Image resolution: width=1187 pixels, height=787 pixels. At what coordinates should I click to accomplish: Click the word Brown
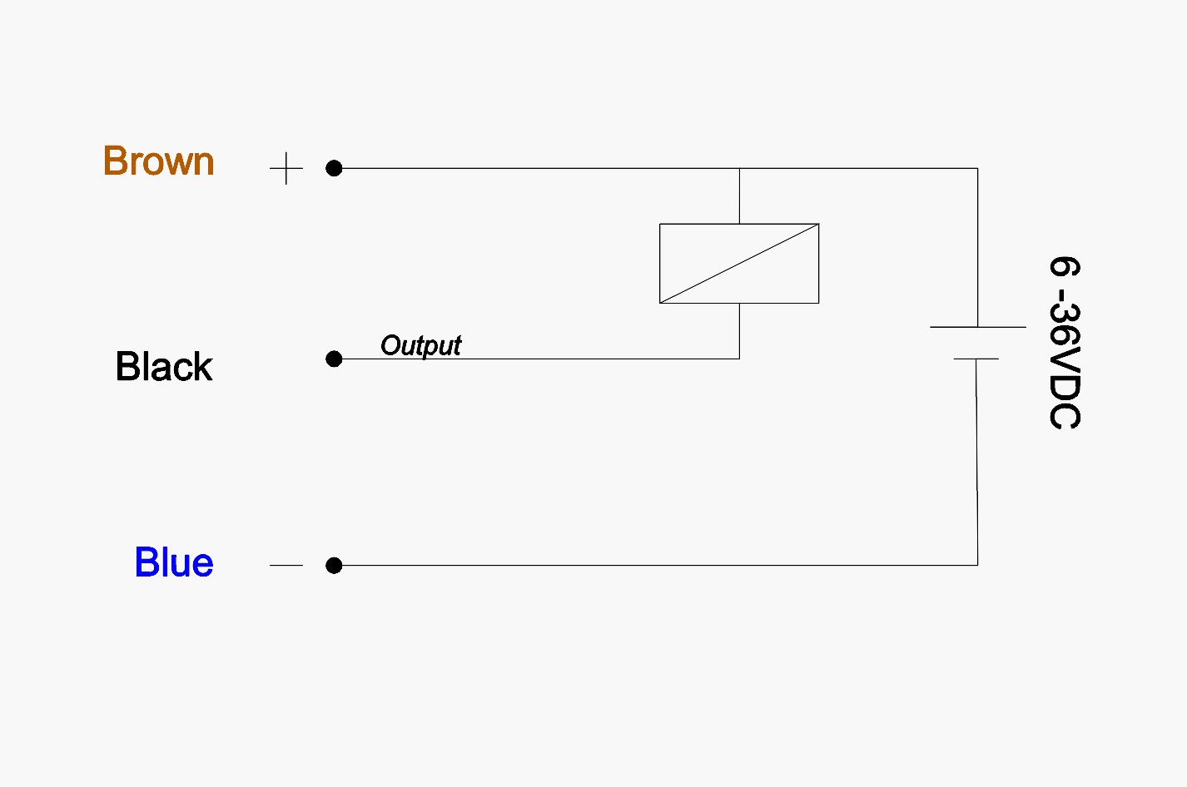[158, 161]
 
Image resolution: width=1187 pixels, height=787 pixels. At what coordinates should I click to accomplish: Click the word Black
[164, 367]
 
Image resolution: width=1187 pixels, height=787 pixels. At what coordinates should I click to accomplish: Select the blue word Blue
[174, 563]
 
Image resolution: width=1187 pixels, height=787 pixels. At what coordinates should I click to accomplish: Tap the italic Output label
[420, 345]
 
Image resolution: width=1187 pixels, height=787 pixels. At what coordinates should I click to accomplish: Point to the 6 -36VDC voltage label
[1065, 343]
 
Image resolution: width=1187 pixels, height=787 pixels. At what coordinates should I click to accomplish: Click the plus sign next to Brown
[286, 168]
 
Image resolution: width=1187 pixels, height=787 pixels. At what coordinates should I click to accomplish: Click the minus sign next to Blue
[286, 566]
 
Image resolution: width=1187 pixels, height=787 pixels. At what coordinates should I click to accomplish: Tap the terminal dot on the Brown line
[334, 168]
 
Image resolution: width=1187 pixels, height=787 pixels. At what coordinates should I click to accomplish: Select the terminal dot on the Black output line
[334, 359]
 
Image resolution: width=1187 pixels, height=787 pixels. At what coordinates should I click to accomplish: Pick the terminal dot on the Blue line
[334, 566]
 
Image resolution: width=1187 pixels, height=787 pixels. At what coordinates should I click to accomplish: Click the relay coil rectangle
[739, 263]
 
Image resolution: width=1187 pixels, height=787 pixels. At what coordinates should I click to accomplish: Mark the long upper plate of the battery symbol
[977, 327]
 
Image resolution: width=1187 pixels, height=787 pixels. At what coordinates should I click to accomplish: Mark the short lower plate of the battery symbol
[976, 359]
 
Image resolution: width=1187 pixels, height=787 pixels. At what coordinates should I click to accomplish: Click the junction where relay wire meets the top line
[739, 168]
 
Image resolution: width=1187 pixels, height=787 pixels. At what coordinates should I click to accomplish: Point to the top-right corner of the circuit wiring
[977, 168]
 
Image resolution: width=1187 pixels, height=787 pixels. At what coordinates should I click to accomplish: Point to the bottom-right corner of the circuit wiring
[977, 565]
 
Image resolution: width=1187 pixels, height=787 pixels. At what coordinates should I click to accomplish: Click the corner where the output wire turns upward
[739, 359]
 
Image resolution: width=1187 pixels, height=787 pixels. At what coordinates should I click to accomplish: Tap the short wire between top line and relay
[739, 196]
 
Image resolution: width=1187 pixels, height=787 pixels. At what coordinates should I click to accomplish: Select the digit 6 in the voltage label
[1065, 267]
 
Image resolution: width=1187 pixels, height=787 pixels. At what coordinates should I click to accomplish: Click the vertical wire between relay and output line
[739, 331]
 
